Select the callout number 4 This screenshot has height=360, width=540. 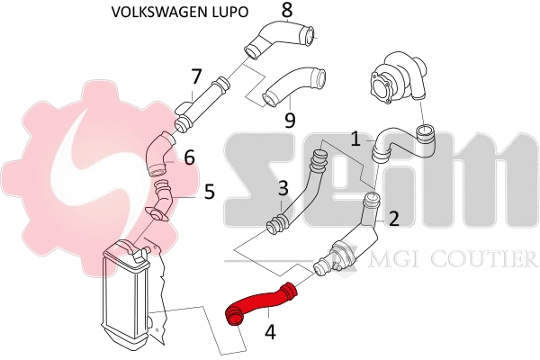[270, 331]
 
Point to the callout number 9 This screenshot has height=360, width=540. [289, 119]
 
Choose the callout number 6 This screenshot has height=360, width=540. [189, 157]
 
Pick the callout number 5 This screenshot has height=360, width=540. [209, 191]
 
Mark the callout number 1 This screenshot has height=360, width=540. [355, 139]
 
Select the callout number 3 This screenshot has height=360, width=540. [283, 188]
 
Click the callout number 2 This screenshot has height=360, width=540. [392, 217]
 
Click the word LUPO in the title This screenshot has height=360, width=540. [230, 13]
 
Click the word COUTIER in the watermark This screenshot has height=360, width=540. [491, 260]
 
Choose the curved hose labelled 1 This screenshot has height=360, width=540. [400, 140]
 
